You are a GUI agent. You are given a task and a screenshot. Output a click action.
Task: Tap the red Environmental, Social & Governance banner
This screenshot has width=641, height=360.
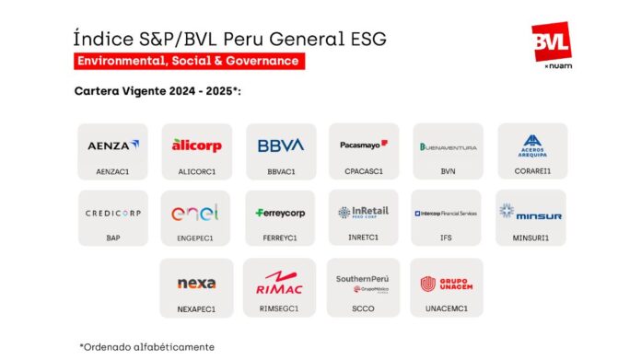[x=190, y=61]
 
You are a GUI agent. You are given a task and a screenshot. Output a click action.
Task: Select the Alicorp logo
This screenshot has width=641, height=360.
[x=195, y=145]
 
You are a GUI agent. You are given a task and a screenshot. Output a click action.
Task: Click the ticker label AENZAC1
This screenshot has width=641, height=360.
[x=113, y=170]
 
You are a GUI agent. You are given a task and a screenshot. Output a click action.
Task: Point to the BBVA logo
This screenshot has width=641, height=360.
[x=280, y=145]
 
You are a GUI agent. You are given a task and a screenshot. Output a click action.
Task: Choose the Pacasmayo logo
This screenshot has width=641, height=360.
[x=364, y=145]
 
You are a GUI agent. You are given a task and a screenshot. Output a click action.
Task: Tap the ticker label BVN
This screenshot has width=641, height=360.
[x=448, y=170]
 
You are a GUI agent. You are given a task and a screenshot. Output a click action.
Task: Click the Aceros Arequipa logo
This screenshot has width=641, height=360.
[x=532, y=145]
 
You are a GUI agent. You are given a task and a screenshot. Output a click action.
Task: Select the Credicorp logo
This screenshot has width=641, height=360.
[x=113, y=213]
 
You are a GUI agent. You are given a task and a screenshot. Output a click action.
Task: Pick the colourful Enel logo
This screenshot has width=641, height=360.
[x=195, y=213]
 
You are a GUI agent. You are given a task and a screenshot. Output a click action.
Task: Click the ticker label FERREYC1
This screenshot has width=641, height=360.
[x=280, y=238]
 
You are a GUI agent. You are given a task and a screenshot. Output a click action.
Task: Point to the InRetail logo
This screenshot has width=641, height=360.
[x=364, y=212]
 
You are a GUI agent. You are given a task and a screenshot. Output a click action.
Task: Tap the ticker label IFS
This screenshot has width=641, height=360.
[x=448, y=238]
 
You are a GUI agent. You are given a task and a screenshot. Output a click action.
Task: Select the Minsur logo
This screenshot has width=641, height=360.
[x=531, y=213]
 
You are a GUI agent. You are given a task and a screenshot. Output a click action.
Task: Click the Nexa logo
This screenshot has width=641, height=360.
[x=195, y=283]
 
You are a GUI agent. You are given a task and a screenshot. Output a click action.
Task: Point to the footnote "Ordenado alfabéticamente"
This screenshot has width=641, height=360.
[x=147, y=346]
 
